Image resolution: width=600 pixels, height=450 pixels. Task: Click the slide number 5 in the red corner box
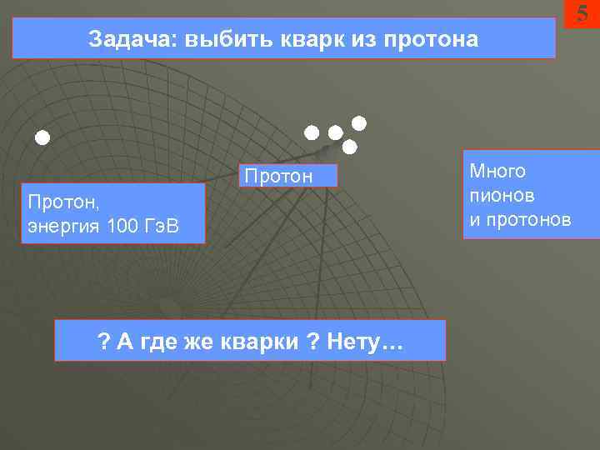point(582,13)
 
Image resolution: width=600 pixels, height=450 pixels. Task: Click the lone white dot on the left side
point(42,137)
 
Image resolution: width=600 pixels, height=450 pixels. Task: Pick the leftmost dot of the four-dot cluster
point(311,132)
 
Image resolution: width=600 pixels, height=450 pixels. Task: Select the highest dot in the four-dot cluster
point(358,124)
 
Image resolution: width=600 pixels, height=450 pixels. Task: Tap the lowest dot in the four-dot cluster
point(350,147)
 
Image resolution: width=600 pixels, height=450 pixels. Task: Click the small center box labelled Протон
point(288,176)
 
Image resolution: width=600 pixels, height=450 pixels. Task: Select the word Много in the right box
point(497,172)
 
